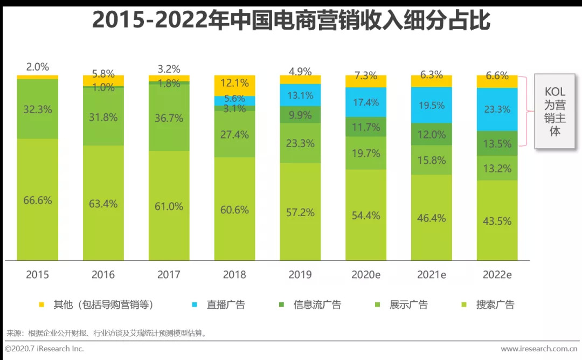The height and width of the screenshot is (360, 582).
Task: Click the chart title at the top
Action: pyautogui.click(x=291, y=20)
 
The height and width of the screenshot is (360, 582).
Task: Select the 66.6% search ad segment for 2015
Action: pyautogui.click(x=37, y=200)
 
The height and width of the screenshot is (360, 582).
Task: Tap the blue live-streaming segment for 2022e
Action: pyautogui.click(x=497, y=109)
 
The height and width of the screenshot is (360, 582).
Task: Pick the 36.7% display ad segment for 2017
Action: pyautogui.click(x=169, y=117)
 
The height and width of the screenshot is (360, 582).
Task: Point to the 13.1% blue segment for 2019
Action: pyautogui.click(x=300, y=95)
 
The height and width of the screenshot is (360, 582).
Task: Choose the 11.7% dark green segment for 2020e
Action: pyautogui.click(x=366, y=127)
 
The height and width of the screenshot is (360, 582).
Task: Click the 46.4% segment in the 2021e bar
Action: pyautogui.click(x=432, y=218)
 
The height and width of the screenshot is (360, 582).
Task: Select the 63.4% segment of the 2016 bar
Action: pyautogui.click(x=103, y=204)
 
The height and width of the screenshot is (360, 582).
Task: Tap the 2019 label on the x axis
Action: pyautogui.click(x=300, y=274)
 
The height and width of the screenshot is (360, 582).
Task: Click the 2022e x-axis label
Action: pyautogui.click(x=497, y=274)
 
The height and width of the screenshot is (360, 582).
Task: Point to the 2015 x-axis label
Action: pyautogui.click(x=37, y=274)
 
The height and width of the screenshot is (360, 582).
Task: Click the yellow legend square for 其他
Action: pyautogui.click(x=41, y=305)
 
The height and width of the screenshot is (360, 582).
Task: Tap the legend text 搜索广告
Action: pyautogui.click(x=495, y=305)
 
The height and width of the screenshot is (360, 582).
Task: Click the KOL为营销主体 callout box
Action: pyautogui.click(x=555, y=112)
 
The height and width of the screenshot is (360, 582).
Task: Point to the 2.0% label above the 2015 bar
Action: pyautogui.click(x=37, y=67)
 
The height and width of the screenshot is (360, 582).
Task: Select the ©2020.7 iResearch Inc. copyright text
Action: pyautogui.click(x=45, y=349)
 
